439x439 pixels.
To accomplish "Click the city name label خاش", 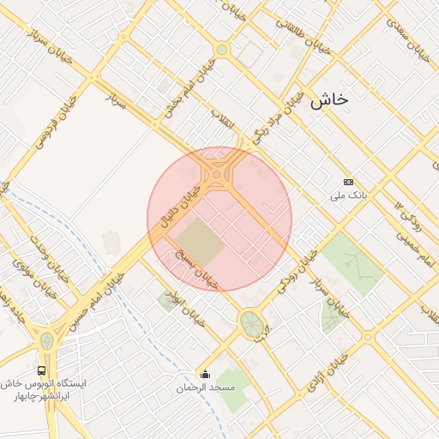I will pyautogui.click(x=330, y=99).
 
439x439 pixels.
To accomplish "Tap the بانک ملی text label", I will pyautogui.click(x=349, y=196).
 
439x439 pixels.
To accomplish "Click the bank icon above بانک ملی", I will pyautogui.click(x=348, y=182).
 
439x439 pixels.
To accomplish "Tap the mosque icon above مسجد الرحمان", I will pyautogui.click(x=205, y=374).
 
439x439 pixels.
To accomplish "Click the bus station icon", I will pyautogui.click(x=42, y=370).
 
